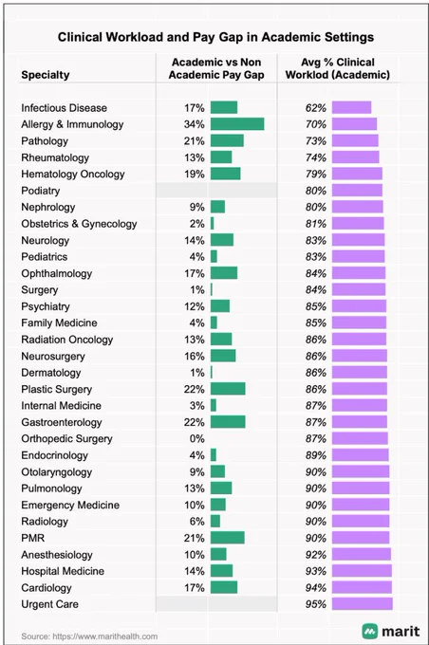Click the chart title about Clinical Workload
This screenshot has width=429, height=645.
pyautogui.click(x=215, y=37)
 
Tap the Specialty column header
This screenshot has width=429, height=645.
pyautogui.click(x=46, y=75)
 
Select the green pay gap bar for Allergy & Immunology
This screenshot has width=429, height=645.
pyautogui.click(x=237, y=124)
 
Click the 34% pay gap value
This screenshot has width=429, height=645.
pyautogui.click(x=194, y=124)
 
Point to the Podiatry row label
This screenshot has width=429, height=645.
pyautogui.click(x=41, y=191)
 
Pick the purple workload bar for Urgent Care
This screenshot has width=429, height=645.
pyautogui.click(x=363, y=603)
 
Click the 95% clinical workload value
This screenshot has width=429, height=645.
pyautogui.click(x=316, y=604)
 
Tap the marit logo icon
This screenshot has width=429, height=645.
pyautogui.click(x=370, y=631)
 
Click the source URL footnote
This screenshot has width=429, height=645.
pyautogui.click(x=89, y=636)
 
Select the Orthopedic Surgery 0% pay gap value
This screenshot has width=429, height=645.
pyautogui.click(x=196, y=438)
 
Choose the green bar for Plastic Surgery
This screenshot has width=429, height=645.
pyautogui.click(x=228, y=389)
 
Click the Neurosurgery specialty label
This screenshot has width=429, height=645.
pyautogui.click(x=53, y=357)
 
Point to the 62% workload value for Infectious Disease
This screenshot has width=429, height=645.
pyautogui.click(x=316, y=108)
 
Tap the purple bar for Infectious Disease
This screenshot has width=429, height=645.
pyautogui.click(x=351, y=107)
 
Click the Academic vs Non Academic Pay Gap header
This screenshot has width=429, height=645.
pyautogui.click(x=216, y=68)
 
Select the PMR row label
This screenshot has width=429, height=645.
pyautogui.click(x=33, y=538)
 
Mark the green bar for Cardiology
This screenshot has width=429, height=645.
pyautogui.click(x=224, y=587)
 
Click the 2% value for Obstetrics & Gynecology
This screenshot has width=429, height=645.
pyautogui.click(x=196, y=224)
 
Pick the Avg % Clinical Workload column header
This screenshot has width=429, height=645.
pyautogui.click(x=338, y=68)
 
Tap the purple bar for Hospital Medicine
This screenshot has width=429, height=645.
pyautogui.click(x=362, y=571)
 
